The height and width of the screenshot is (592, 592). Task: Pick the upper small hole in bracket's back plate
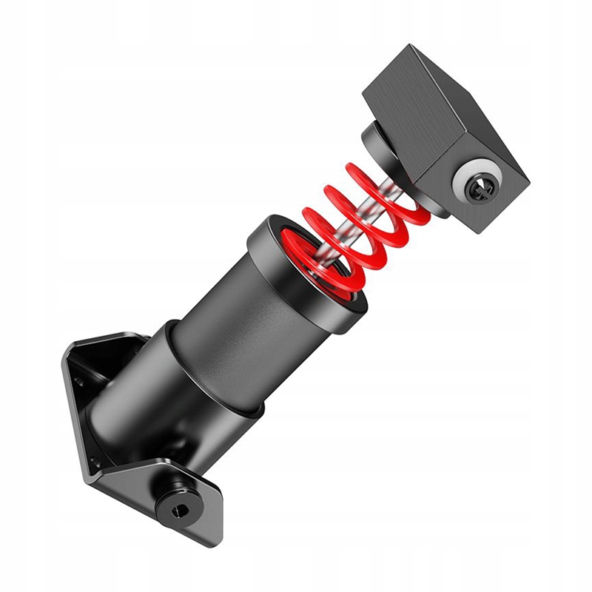[x=78, y=382]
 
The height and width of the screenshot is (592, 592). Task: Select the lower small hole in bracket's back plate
[x=95, y=465]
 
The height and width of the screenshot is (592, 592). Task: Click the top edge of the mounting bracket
[x=111, y=342]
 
